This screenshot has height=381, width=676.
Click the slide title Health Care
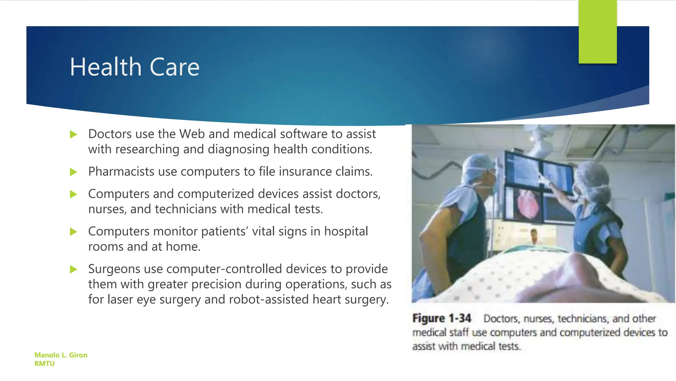(134, 67)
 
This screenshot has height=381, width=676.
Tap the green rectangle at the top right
(597, 32)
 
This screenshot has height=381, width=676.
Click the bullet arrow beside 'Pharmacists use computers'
(73, 172)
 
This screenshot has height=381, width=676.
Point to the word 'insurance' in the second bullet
(305, 172)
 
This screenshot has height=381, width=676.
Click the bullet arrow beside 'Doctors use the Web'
(73, 134)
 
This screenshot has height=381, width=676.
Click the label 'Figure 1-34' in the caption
(441, 318)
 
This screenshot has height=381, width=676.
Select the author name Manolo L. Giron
(61, 355)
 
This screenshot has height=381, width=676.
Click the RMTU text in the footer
(44, 363)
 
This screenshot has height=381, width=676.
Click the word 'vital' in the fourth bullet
(263, 231)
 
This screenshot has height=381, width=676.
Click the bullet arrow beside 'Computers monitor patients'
(73, 232)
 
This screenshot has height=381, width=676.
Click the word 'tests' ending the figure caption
(510, 346)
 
